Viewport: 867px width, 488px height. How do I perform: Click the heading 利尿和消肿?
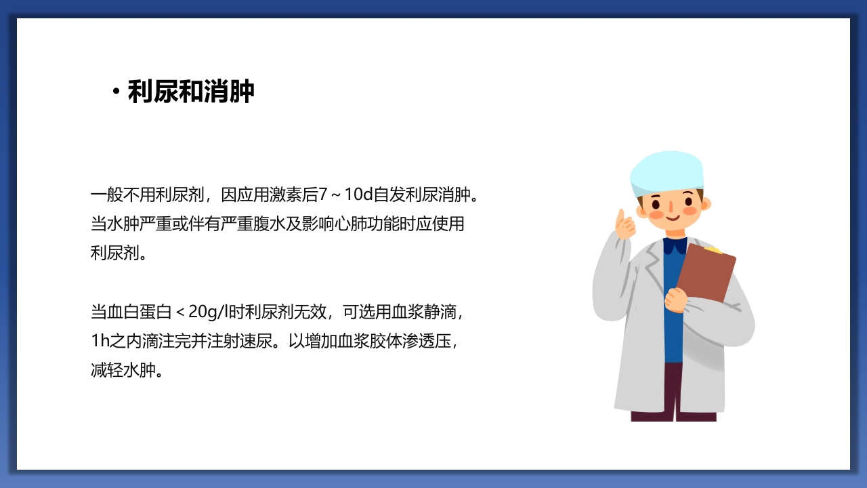(x=191, y=92)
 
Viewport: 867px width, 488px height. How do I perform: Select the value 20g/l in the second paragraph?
(x=209, y=312)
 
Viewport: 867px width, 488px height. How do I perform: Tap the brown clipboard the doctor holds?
(x=706, y=274)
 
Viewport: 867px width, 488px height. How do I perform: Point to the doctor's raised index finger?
(x=620, y=218)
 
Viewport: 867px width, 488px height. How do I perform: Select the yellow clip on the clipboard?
(x=713, y=250)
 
